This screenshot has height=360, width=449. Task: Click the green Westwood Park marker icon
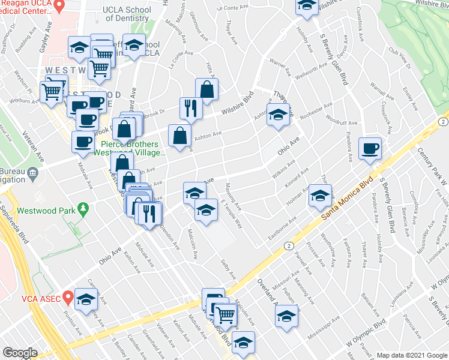tap(83, 210)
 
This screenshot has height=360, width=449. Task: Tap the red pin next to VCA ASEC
tap(68, 296)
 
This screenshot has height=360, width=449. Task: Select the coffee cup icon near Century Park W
tap(370, 148)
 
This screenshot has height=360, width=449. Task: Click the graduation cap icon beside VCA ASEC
tap(86, 300)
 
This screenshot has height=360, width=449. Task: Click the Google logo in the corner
tap(20, 353)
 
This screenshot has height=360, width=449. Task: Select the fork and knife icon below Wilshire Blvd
tap(191, 108)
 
